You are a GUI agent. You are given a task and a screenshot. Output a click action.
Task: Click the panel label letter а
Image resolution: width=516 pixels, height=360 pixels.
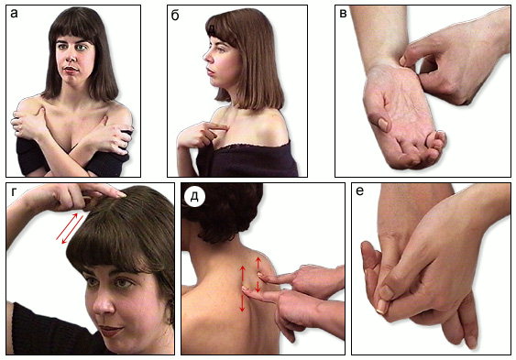pos(14,14)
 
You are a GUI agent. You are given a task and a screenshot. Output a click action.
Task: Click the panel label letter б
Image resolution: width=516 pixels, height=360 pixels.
pos(175,15)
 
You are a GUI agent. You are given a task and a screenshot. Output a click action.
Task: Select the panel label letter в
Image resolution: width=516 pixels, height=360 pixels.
pos(343,14)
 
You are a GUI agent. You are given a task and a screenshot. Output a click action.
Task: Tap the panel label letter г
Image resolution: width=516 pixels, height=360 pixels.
pos(14,191)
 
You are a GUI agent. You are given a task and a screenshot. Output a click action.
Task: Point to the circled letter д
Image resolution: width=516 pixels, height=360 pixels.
pos(194,197)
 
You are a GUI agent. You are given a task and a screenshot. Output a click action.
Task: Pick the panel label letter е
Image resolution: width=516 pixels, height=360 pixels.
pos(359,191)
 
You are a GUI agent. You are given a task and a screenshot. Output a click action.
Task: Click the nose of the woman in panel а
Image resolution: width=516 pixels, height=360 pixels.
pos(70,57)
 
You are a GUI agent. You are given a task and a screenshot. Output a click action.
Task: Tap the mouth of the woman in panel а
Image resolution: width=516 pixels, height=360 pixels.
pos(71,70)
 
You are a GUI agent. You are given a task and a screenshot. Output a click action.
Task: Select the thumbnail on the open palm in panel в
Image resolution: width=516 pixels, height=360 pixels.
pos(383,124)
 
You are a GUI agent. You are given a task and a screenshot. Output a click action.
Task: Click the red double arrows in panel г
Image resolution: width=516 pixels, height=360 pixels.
pos(70,228)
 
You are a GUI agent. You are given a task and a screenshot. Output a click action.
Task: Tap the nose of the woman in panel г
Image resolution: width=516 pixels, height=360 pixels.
pos(104,305)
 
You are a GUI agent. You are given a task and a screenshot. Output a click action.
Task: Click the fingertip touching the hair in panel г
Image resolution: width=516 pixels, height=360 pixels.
pos(120,194)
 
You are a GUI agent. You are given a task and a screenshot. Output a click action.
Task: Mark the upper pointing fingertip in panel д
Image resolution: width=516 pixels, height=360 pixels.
pos(260,275)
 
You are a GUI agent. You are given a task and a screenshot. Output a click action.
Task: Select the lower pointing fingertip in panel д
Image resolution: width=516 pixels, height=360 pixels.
pos(246,289)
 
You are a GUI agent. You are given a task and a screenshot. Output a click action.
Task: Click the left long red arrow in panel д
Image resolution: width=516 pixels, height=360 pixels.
pos(243,289)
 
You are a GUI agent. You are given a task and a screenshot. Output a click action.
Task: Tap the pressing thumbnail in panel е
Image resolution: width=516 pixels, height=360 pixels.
pos(381,307)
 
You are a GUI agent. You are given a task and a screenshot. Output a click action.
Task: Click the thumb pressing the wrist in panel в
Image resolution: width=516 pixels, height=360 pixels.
pos(405,60)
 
